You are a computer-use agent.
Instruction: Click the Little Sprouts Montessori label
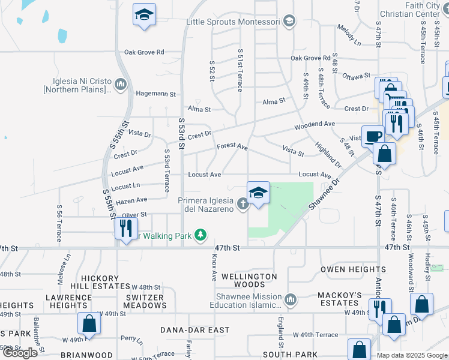(232, 22)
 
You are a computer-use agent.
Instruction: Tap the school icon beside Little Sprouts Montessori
(289, 22)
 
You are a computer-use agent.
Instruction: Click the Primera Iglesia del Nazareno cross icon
(243, 205)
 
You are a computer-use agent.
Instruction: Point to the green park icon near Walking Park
(203, 235)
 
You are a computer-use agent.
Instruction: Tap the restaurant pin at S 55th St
(125, 229)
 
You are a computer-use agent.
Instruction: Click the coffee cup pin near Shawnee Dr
(372, 136)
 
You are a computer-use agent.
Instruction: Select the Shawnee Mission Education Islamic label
(246, 301)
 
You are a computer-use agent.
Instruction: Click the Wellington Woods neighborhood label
(249, 280)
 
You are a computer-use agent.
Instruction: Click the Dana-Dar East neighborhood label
(195, 330)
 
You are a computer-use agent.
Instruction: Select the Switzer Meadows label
(145, 301)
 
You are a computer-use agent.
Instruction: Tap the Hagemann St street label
(155, 94)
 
